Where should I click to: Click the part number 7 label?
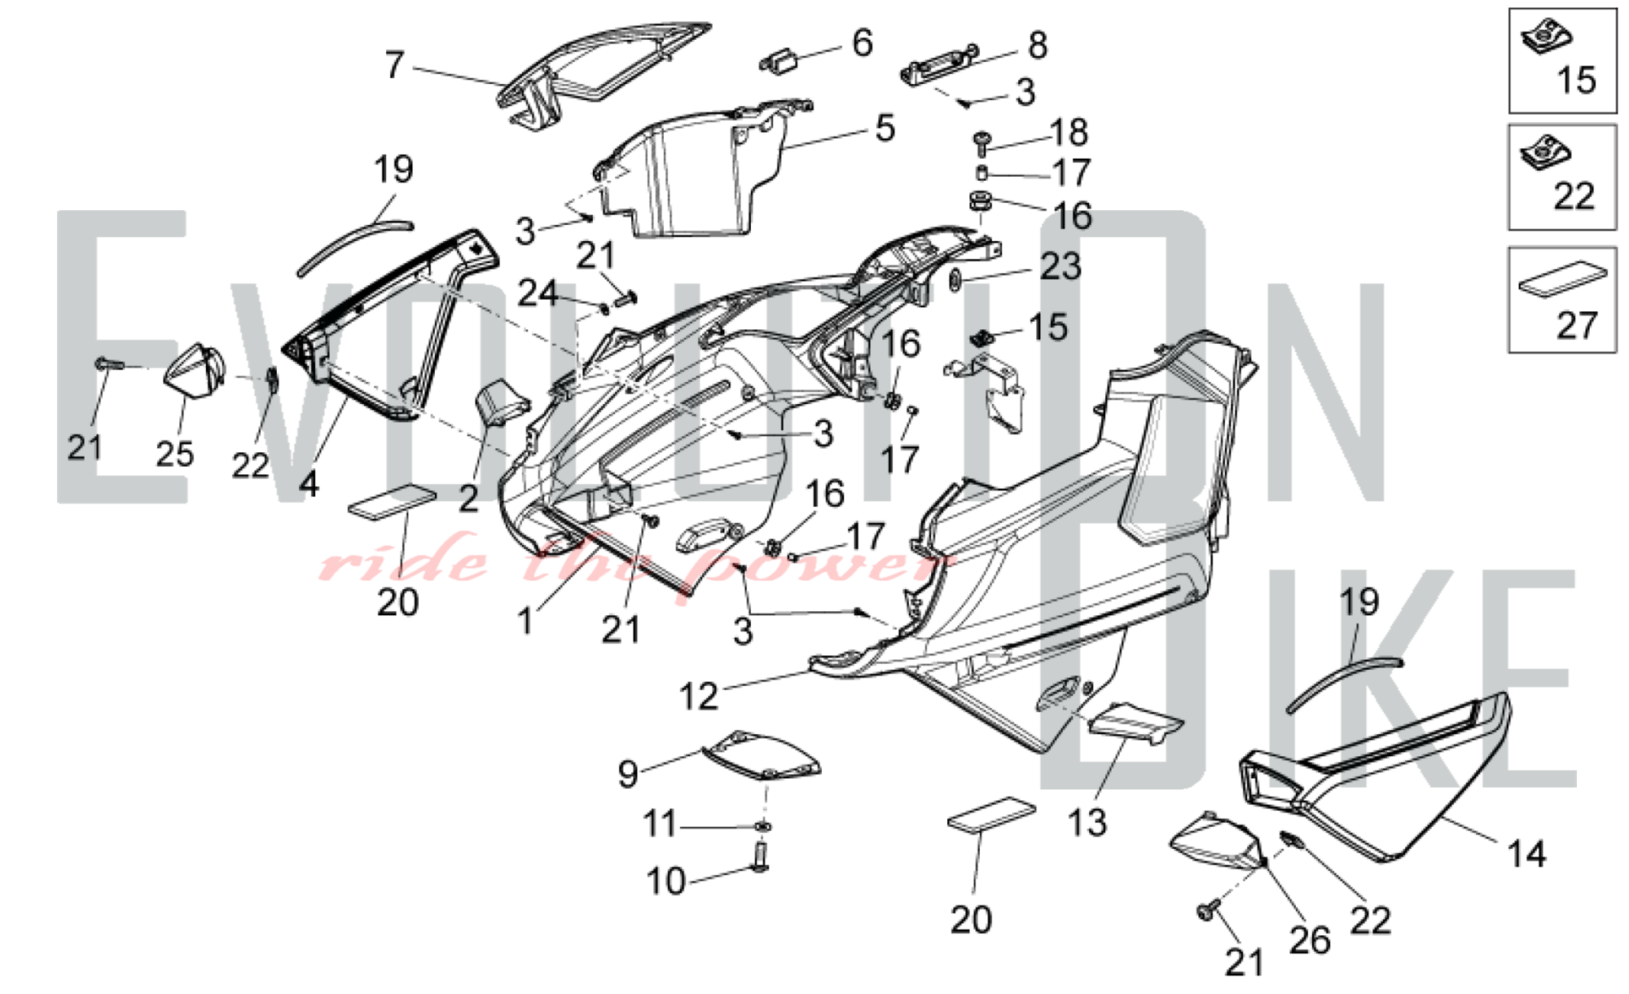coord(394,65)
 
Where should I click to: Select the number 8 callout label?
coord(1037,46)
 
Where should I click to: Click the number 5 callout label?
coord(885,129)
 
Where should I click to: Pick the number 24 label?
coord(538,293)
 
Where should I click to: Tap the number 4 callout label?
coord(309,485)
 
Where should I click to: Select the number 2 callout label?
coord(468,499)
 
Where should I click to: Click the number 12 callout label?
coord(699,697)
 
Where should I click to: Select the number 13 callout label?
coord(1087,823)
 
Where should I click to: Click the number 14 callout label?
coord(1526,854)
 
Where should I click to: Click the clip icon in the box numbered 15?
coord(1546,35)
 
